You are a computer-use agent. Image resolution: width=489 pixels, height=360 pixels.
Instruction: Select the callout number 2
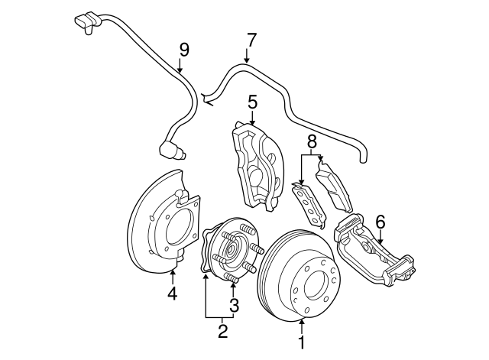coord(223,331)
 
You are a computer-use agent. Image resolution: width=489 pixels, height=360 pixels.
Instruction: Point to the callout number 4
coord(172,293)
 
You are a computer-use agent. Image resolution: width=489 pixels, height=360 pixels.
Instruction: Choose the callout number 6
coord(380,222)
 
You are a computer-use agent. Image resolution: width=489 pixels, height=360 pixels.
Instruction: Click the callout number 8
coord(311,141)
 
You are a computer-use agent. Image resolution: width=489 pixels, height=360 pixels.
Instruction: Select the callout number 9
coord(183,50)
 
